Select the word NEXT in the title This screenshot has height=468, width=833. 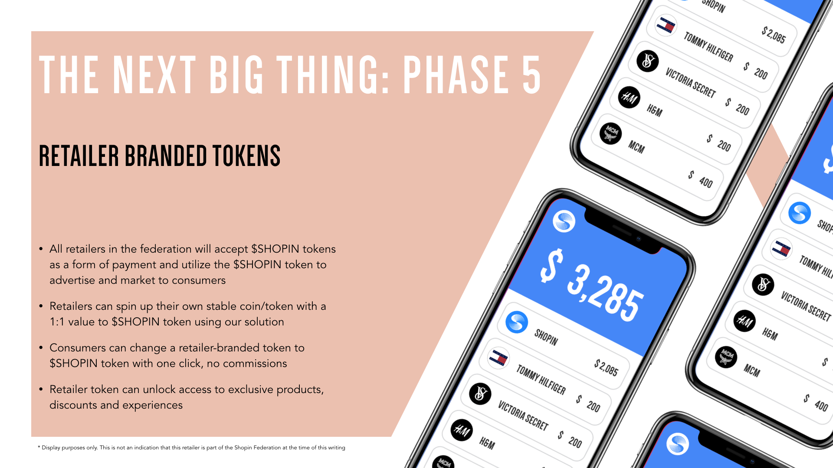pos(155,75)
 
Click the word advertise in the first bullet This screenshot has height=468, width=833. pos(72,280)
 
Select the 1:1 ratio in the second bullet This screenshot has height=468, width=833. pos(57,322)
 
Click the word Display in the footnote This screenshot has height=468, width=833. pos(51,448)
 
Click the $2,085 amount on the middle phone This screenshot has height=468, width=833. pos(606,367)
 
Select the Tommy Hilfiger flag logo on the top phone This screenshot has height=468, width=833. pos(666,26)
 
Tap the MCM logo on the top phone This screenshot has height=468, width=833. pos(611,133)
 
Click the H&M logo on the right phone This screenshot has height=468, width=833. pos(744,321)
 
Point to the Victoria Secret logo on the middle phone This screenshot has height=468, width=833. pos(480,393)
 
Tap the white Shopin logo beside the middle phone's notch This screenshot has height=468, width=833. pos(564,221)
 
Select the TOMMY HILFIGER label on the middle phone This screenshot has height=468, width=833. pos(541,380)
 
